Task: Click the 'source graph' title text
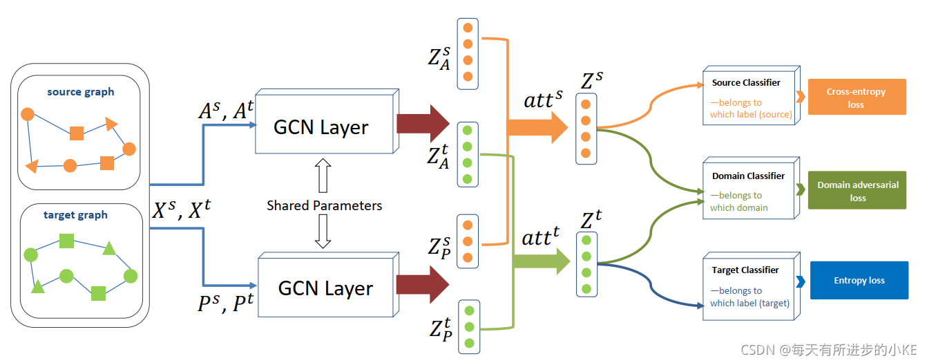[x=81, y=92]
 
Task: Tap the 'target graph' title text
[x=75, y=215]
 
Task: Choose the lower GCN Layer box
[x=325, y=288]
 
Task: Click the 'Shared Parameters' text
[x=324, y=205]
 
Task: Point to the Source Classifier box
[x=749, y=97]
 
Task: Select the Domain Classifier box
[x=749, y=191]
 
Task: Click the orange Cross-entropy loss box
[x=856, y=97]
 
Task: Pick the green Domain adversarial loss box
[x=857, y=192]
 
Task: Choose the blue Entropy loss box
[x=859, y=280]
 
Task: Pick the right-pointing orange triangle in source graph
[x=111, y=124]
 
